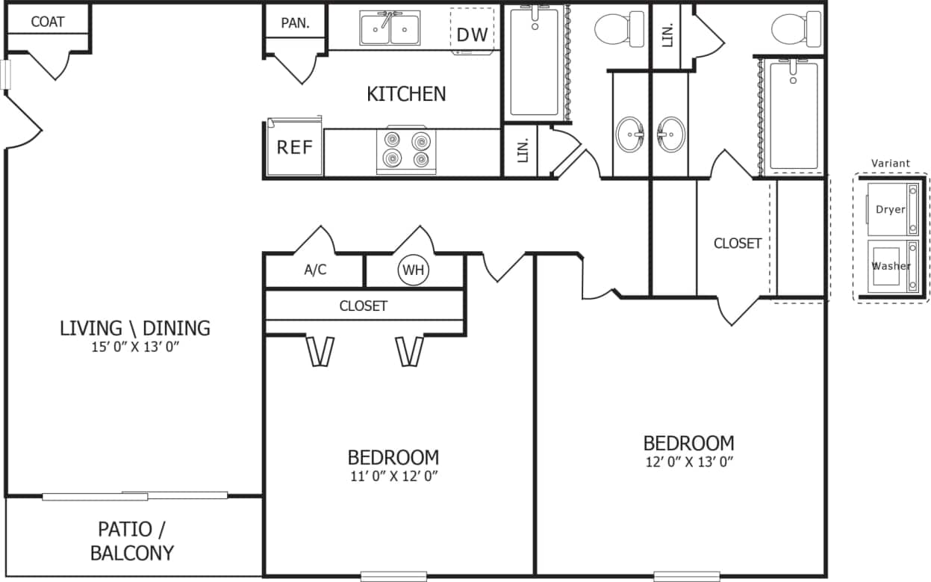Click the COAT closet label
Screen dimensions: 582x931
(x=47, y=22)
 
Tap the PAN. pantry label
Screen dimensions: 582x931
(x=295, y=22)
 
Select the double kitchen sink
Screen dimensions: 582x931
(x=388, y=28)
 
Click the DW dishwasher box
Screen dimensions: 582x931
(x=472, y=34)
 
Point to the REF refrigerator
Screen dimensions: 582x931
(x=295, y=147)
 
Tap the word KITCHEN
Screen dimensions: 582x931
(x=406, y=94)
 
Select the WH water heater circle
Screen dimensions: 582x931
(x=414, y=270)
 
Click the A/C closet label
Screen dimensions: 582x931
(x=315, y=270)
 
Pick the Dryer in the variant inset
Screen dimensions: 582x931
(x=891, y=210)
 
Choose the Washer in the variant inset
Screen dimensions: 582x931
(x=891, y=265)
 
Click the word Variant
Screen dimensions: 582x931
(x=891, y=163)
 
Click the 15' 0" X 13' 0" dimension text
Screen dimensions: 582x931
(x=134, y=347)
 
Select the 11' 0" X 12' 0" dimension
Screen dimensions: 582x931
(x=393, y=475)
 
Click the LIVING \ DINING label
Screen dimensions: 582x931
(x=135, y=328)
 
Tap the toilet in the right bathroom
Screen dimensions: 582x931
(x=797, y=30)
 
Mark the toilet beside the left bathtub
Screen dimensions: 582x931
(x=620, y=29)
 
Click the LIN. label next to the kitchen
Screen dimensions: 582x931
(x=523, y=151)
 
